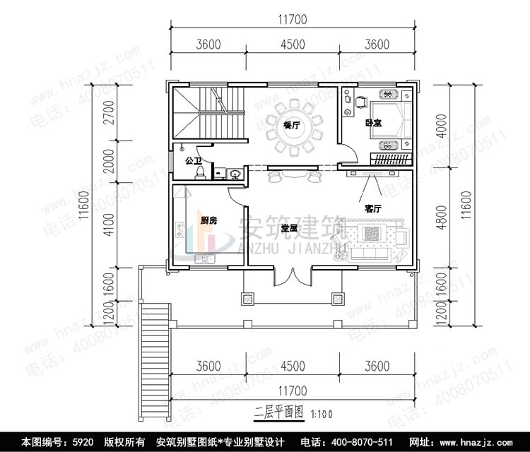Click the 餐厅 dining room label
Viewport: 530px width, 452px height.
(x=291, y=125)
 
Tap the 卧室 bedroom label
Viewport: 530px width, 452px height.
(x=374, y=124)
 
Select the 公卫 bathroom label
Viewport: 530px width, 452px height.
(x=193, y=161)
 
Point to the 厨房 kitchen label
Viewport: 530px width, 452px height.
(x=208, y=221)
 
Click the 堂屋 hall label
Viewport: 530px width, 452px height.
(x=289, y=227)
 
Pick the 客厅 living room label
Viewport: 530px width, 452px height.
(x=372, y=209)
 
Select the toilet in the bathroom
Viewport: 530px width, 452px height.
(x=200, y=172)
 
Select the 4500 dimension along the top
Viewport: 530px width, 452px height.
(x=293, y=44)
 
